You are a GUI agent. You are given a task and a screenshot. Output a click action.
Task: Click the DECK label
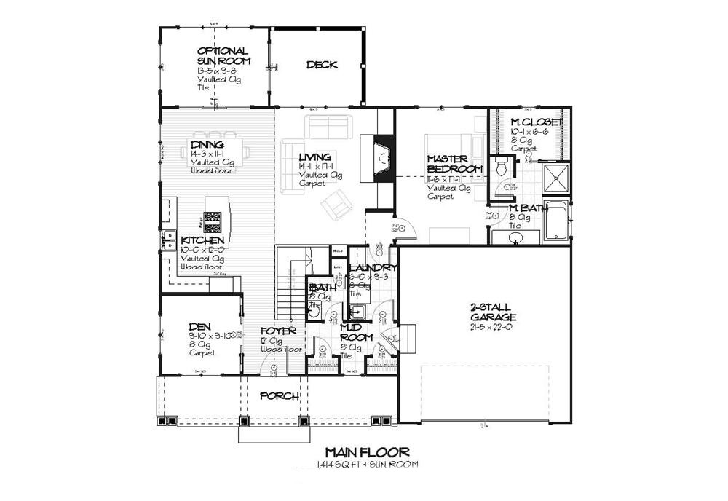tap(321, 65)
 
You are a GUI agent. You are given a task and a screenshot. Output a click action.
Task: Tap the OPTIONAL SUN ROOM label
tap(223, 56)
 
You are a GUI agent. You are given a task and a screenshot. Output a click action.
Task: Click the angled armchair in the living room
tap(336, 205)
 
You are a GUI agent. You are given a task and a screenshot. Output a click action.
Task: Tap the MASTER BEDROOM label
tap(455, 164)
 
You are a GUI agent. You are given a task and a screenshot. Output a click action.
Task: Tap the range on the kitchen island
tap(213, 221)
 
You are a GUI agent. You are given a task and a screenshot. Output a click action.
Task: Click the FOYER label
tap(278, 331)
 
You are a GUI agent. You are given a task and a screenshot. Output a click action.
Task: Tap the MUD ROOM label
tap(357, 333)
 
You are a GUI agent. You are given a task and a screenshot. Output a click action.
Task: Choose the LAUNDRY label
tap(373, 268)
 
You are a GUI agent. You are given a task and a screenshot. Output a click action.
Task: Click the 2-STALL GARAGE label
tap(493, 312)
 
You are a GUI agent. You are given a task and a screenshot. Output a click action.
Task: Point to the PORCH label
tap(279, 396)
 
